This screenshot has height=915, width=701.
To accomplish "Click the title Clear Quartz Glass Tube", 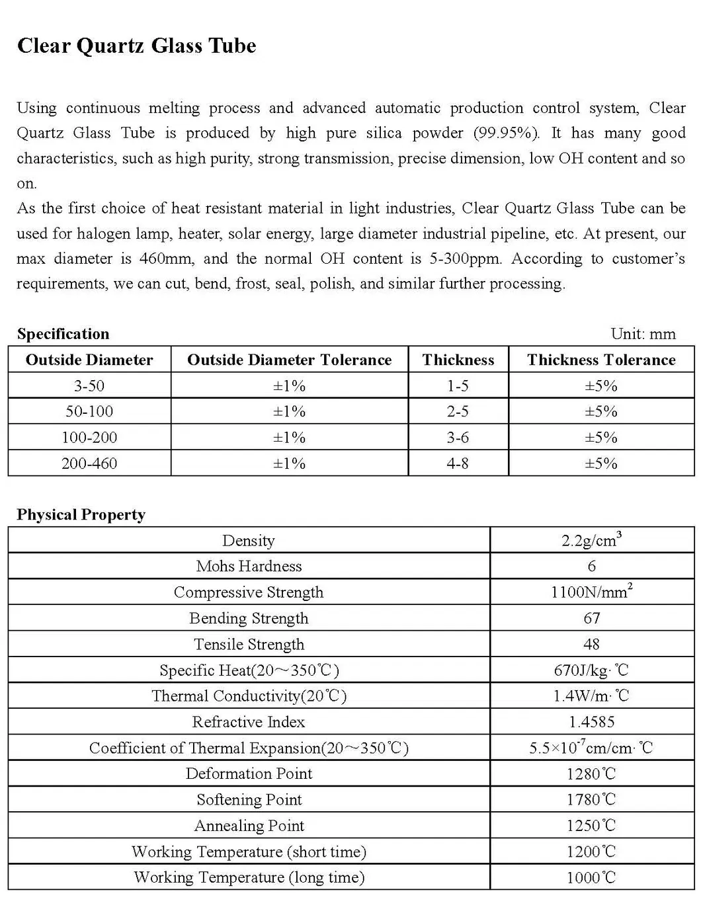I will coord(136,46).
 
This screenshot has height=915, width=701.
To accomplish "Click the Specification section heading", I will coord(63,334).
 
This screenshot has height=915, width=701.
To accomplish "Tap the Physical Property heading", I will coord(81,515).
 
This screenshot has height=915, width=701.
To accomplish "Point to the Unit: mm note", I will coord(643,334).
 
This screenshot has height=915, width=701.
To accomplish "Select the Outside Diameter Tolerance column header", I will coord(289,360).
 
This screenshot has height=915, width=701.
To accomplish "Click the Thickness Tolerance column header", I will coord(600,360).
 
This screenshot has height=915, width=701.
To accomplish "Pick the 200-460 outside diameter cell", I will coord(89,463).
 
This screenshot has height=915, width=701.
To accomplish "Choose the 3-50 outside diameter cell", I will coord(89,386).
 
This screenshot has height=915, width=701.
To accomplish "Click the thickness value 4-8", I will coord(458,463).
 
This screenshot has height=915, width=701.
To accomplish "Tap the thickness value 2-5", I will coord(458,412).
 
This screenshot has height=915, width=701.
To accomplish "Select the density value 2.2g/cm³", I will coord(591,540).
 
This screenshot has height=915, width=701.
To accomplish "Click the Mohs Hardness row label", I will coord(249,567).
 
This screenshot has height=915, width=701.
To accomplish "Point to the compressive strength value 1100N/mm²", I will coord(591,592).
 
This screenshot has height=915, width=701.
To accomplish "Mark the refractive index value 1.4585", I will coord(591,722).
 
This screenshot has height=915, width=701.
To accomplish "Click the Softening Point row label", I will coord(249,800).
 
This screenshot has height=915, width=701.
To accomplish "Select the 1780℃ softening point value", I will coord(591,800).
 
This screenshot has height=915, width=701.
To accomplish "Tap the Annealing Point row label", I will coord(249,826).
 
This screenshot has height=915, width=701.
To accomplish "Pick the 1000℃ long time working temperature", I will coord(591,878).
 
